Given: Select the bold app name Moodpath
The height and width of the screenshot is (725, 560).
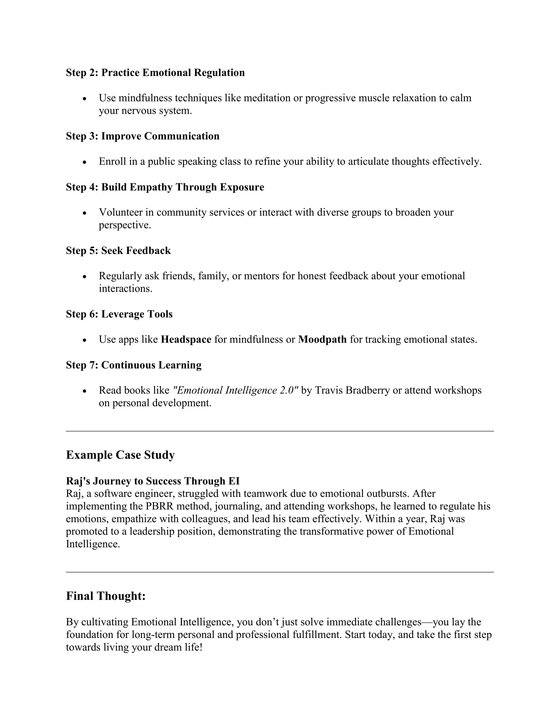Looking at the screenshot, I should [x=322, y=340].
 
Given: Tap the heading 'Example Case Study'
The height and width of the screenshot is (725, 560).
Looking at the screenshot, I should [x=120, y=455].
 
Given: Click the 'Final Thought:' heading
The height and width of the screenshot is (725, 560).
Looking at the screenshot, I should [x=106, y=596].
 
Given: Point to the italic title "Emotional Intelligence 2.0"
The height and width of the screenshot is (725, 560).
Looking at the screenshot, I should [x=235, y=390].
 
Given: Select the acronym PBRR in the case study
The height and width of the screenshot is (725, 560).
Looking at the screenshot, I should [x=159, y=506].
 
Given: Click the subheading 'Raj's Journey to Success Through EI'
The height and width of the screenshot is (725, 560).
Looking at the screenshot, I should [x=153, y=481].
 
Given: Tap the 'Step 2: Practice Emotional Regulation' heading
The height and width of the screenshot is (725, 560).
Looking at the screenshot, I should [x=155, y=73].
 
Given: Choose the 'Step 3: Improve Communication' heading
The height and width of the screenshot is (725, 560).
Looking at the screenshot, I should [x=143, y=136].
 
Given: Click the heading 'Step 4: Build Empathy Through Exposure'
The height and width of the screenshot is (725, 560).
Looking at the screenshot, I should [x=165, y=187].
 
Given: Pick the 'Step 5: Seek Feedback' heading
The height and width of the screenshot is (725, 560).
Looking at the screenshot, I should [x=118, y=251].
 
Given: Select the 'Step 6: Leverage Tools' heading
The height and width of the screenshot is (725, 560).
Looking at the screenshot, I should [x=119, y=314].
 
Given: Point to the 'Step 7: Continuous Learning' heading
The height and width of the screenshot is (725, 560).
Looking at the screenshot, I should [x=134, y=365].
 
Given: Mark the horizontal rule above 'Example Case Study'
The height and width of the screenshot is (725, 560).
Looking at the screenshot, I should [x=280, y=431].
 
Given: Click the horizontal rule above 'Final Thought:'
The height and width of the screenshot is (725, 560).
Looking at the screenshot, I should [x=280, y=572].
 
